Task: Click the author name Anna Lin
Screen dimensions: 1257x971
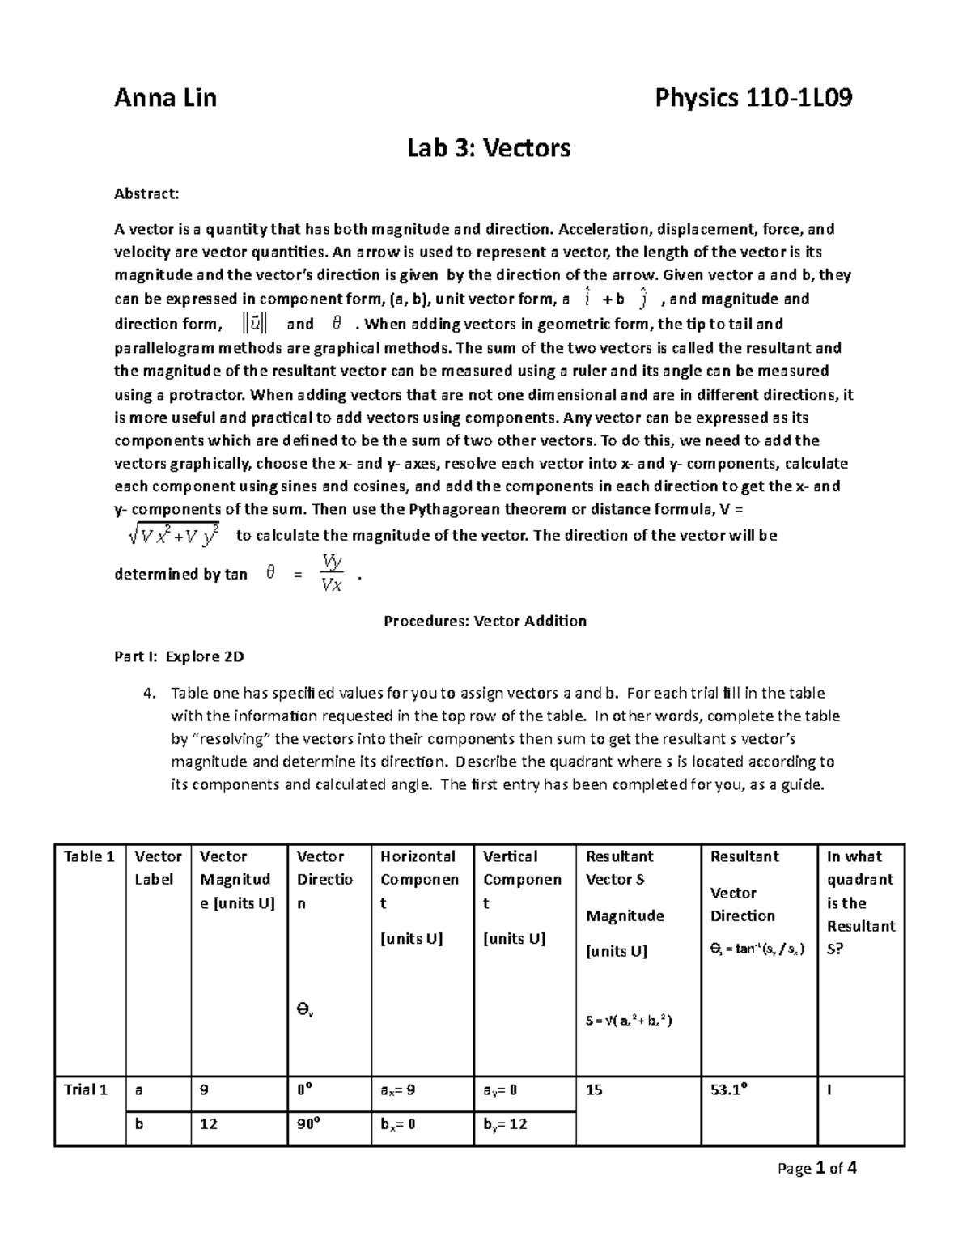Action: pyautogui.click(x=165, y=99)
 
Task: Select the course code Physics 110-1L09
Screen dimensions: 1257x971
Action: pyautogui.click(x=753, y=99)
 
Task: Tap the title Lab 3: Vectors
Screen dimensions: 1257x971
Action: pyautogui.click(x=489, y=148)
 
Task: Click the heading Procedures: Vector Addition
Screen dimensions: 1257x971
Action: pyautogui.click(x=485, y=621)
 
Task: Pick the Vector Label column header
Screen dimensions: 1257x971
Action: pyautogui.click(x=158, y=868)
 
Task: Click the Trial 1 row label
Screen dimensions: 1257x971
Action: pyautogui.click(x=86, y=1089)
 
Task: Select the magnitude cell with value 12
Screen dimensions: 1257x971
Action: pyautogui.click(x=209, y=1124)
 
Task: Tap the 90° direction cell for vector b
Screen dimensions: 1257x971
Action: pyautogui.click(x=307, y=1124)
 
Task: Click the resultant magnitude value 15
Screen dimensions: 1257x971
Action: pyautogui.click(x=594, y=1089)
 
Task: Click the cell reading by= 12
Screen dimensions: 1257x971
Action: pyautogui.click(x=505, y=1124)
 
